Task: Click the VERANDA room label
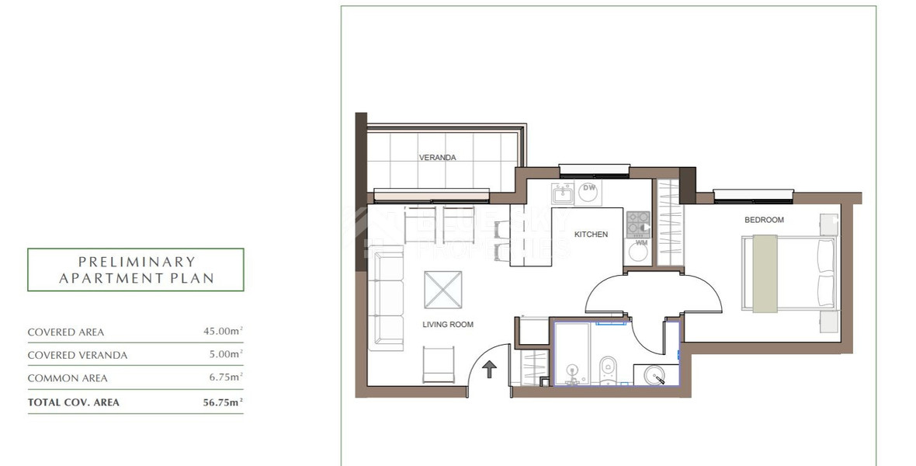tap(437, 158)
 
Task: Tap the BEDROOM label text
tap(764, 220)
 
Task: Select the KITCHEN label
tap(591, 235)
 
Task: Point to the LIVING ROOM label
tap(448, 325)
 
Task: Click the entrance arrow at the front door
tap(490, 368)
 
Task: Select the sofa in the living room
tap(388, 298)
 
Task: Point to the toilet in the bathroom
tap(608, 365)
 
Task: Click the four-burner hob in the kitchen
tap(638, 224)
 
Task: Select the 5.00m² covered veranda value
tap(225, 355)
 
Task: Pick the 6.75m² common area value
tap(225, 378)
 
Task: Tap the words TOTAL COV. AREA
tap(74, 402)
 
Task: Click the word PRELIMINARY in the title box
tap(137, 262)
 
